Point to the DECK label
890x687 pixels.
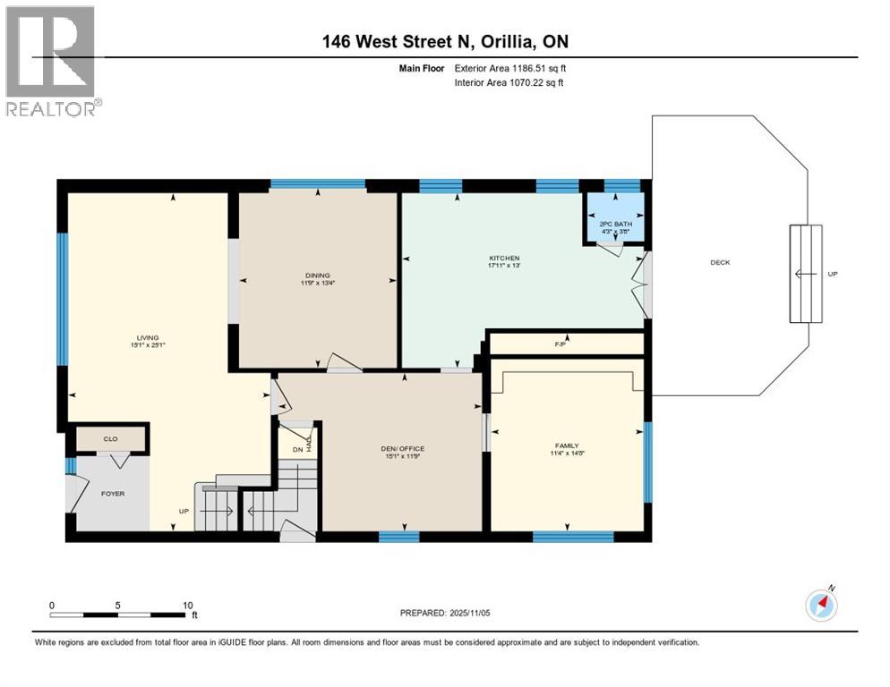pyautogui.click(x=720, y=262)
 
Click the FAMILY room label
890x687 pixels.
pyautogui.click(x=566, y=445)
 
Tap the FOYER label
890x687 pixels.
pyautogui.click(x=112, y=493)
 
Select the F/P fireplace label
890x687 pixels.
pyautogui.click(x=561, y=343)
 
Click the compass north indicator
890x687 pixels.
pyautogui.click(x=821, y=605)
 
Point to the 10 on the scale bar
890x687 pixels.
pyautogui.click(x=188, y=606)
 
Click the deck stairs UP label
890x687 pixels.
pyautogui.click(x=832, y=274)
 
